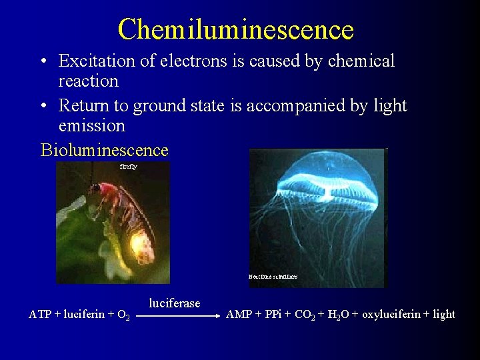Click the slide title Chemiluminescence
[x=235, y=29]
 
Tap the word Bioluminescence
[x=105, y=150]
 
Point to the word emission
[x=91, y=125]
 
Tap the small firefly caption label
[x=129, y=167]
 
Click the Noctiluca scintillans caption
[x=273, y=277]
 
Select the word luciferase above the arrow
[x=174, y=304]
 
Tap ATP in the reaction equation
[x=39, y=315]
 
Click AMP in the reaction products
[x=239, y=315]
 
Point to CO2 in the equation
[x=304, y=315]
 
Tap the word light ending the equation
[x=444, y=315]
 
